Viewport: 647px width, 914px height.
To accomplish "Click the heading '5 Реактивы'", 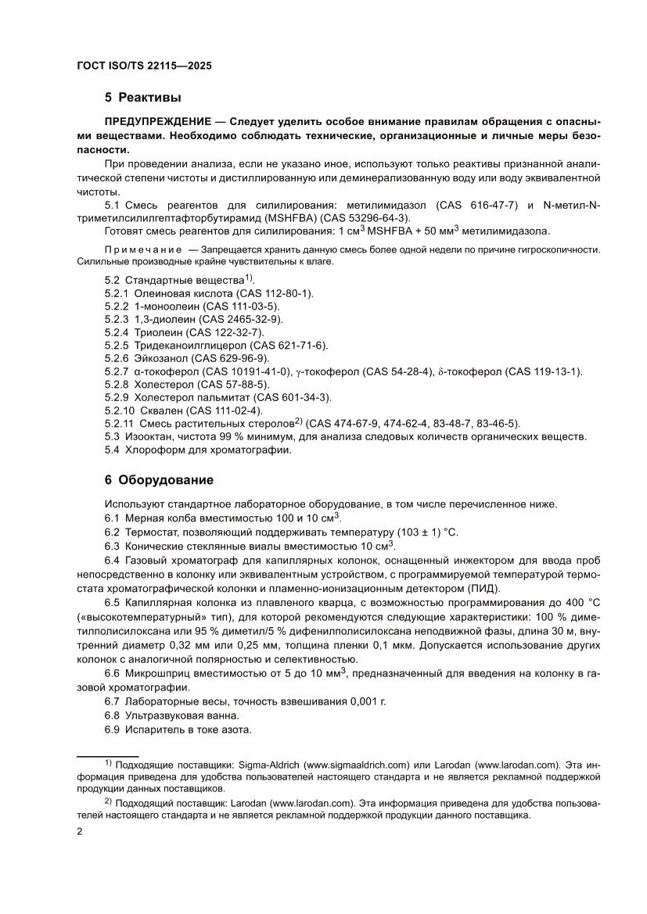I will tap(142, 98).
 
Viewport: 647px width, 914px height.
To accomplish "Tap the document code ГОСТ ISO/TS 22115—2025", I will tap(144, 66).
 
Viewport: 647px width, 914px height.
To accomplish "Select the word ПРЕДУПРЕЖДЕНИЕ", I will tap(156, 123).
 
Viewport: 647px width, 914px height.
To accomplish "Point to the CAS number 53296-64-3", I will tap(369, 217).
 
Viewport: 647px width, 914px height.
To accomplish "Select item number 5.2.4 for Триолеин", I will tap(119, 332).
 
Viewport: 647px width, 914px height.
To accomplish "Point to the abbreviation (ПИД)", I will tap(485, 588).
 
